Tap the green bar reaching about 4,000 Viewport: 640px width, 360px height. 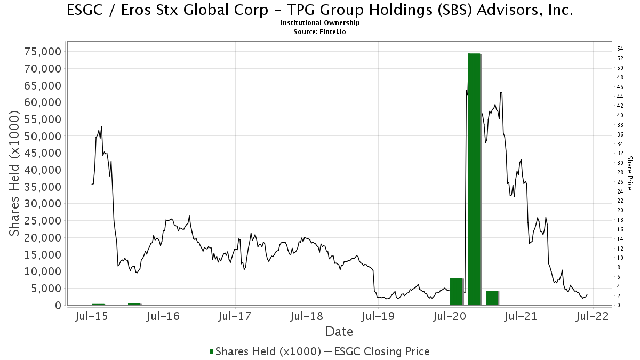click(492, 298)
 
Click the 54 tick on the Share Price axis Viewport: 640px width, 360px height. click(621, 49)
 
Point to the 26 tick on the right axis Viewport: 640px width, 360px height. click(621, 182)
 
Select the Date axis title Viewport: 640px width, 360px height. click(339, 332)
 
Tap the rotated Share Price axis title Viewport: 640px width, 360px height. click(630, 173)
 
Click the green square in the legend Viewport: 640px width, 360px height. click(212, 351)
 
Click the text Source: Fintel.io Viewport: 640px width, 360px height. click(320, 31)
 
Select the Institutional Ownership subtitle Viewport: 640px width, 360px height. click(320, 23)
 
